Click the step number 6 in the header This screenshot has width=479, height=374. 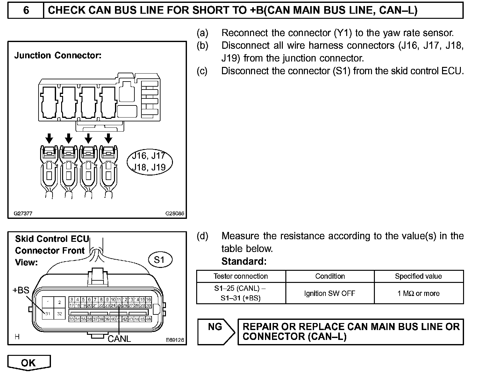[26, 11]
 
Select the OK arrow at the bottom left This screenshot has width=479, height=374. [29, 363]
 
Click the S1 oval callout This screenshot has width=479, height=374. [160, 260]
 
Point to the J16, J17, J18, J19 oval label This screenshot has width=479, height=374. [149, 162]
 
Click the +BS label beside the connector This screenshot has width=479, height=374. [21, 290]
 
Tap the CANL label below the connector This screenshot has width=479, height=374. [119, 339]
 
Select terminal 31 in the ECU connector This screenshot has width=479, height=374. [47, 314]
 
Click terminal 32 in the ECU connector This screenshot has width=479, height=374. [60, 314]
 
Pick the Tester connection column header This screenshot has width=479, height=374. [241, 276]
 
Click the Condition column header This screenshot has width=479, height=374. [330, 276]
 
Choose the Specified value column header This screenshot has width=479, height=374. [418, 276]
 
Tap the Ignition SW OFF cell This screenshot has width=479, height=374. [330, 293]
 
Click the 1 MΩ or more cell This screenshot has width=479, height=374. [418, 293]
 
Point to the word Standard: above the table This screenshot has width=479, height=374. [244, 262]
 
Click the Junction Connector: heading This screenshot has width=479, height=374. [58, 55]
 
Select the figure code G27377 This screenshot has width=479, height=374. [23, 214]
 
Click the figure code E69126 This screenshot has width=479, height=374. [175, 340]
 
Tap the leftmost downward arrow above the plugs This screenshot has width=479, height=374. [49, 138]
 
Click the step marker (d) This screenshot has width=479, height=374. [203, 236]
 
